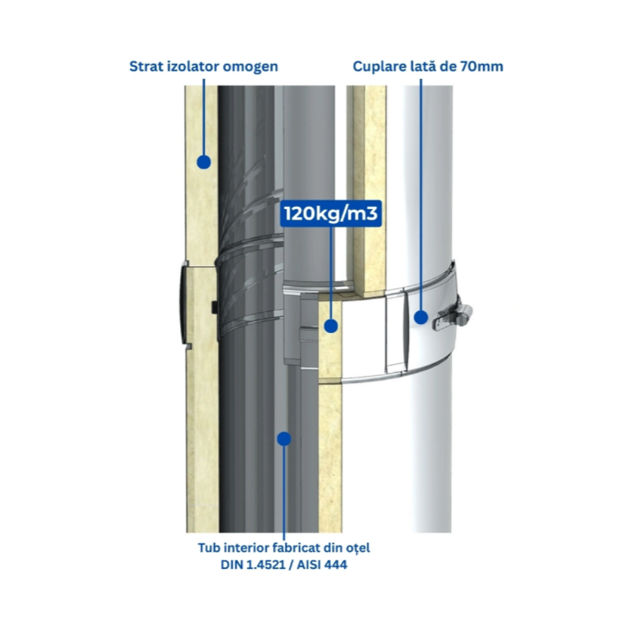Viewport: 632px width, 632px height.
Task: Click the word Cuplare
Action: coord(379,67)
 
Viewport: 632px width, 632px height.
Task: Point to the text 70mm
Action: coord(482,66)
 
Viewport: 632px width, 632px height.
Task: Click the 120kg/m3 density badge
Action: coord(331,213)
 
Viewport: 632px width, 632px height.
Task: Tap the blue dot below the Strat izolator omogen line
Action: coord(204,162)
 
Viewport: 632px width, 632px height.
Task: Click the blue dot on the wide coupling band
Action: coord(421,317)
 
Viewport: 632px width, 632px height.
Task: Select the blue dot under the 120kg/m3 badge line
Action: coord(331,326)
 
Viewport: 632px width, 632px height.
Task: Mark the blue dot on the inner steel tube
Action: coord(284,439)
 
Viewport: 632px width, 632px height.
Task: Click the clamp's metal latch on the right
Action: coord(453,317)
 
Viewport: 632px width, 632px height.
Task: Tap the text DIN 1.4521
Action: coord(253,564)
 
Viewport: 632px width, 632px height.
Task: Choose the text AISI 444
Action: coord(322,564)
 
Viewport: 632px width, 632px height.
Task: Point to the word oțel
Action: coord(358,549)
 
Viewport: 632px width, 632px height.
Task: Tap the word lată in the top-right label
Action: coord(423,66)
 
